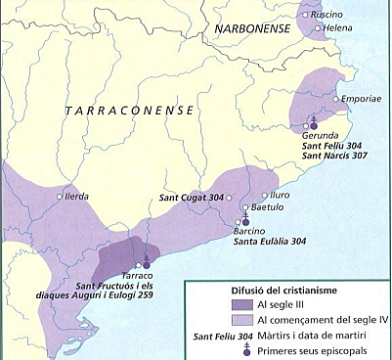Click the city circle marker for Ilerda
(x=62, y=197)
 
